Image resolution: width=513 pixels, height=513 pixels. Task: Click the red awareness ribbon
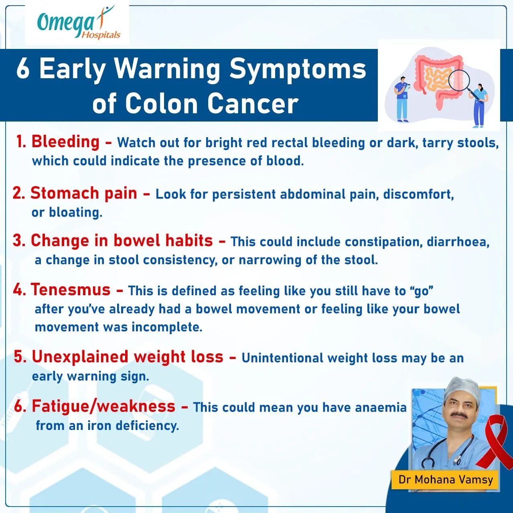[x=495, y=447]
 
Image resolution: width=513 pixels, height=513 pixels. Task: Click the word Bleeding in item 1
[x=65, y=142]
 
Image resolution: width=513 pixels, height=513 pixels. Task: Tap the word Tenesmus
[x=71, y=290]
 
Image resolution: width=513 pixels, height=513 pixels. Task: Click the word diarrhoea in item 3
[x=458, y=242]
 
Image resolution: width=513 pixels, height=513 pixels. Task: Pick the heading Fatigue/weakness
[x=103, y=407]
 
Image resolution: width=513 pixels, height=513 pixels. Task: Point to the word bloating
[x=75, y=213]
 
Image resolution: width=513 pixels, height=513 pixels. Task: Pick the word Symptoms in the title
[x=298, y=70]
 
